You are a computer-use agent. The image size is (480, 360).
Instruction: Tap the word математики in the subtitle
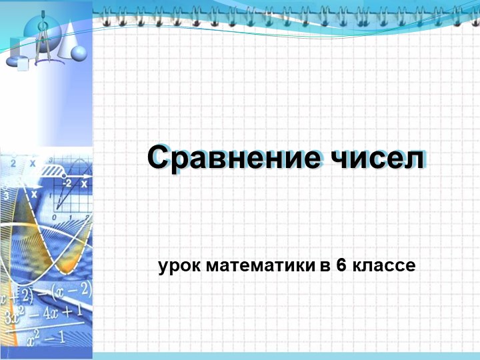[259, 266]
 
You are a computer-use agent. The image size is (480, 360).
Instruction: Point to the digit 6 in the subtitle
[341, 266]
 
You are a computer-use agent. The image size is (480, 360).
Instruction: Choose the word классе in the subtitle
[385, 266]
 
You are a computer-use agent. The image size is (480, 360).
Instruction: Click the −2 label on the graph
[67, 183]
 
